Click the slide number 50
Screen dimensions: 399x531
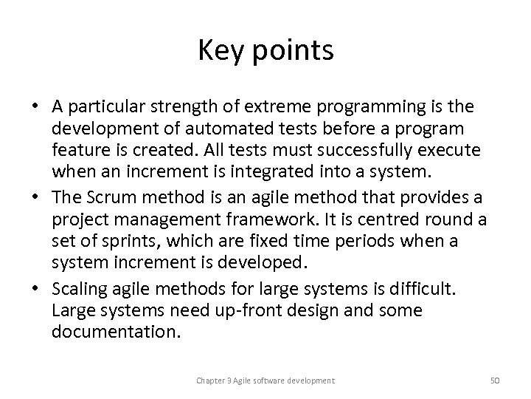point(495,381)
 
